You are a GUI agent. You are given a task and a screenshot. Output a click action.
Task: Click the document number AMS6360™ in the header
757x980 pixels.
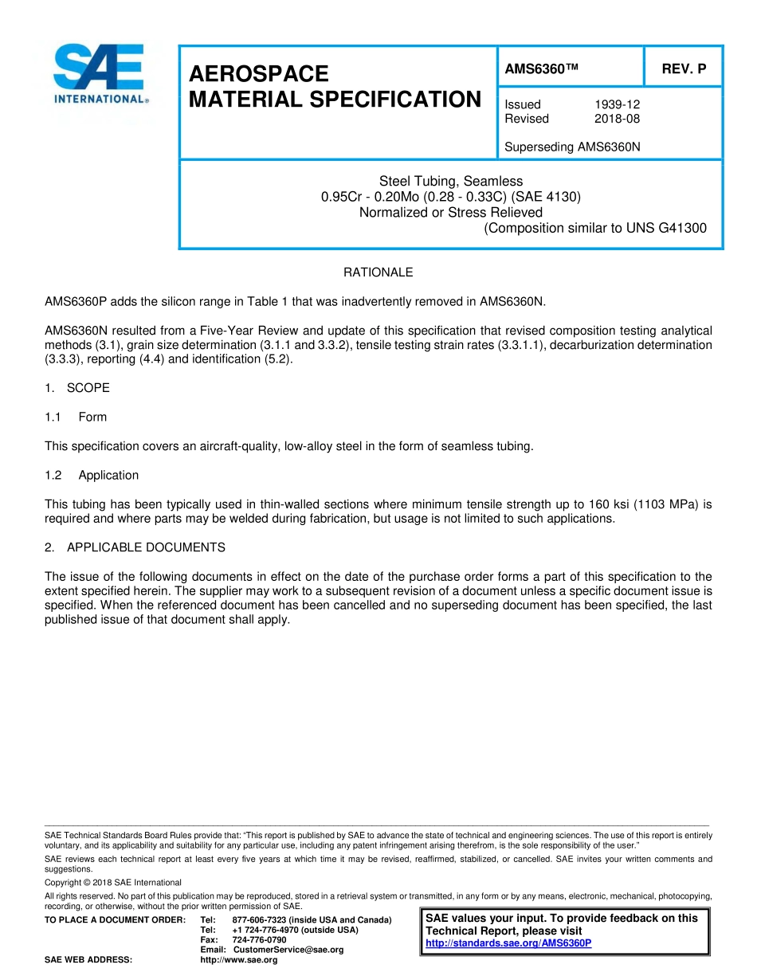541,69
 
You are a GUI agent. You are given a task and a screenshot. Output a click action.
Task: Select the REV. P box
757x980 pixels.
683,69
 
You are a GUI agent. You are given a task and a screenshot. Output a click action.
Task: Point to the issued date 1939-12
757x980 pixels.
617,104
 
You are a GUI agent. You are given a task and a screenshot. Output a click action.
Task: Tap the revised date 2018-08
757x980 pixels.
617,119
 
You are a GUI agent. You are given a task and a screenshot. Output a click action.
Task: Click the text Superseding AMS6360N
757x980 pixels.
572,147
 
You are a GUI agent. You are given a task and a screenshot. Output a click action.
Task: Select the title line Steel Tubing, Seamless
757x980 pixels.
451,181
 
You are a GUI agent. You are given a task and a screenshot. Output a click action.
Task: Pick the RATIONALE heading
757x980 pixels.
378,272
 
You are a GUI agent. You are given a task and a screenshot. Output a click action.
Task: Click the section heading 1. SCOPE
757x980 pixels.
77,388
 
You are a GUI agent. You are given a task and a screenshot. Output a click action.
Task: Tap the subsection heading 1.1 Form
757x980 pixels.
76,417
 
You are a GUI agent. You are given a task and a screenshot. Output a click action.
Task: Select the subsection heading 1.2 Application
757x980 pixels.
92,475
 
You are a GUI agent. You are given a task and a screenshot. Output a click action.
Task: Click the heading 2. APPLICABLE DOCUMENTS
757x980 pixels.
135,547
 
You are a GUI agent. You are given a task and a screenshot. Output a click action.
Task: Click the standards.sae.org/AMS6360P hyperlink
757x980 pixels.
508,943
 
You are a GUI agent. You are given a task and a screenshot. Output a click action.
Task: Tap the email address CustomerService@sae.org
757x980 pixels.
288,950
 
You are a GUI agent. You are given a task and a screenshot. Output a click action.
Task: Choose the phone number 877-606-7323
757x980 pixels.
262,920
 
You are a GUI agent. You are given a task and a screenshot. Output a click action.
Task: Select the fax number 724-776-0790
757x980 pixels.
259,940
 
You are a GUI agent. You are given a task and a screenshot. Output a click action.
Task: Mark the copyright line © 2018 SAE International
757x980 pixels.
113,882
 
